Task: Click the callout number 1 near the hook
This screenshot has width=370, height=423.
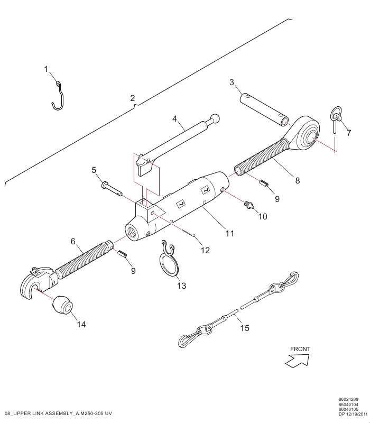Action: (46, 69)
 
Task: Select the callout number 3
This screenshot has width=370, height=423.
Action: (232, 82)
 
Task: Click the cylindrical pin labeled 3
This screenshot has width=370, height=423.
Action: (264, 109)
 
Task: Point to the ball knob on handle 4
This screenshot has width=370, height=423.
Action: (215, 118)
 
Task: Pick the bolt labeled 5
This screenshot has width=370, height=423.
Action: (112, 189)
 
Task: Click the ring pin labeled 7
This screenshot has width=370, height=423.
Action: (336, 118)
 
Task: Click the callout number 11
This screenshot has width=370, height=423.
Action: (230, 233)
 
